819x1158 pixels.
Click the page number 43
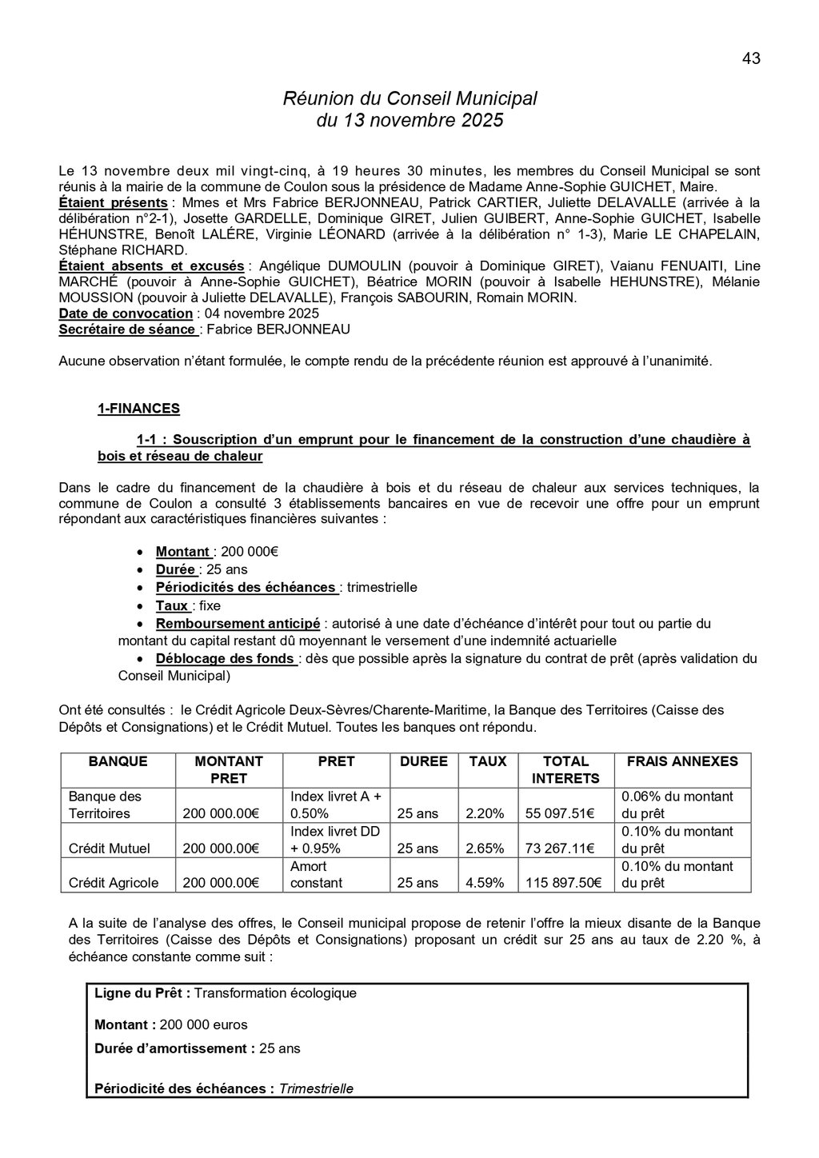tap(751, 58)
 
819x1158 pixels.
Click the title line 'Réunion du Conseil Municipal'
tap(409, 98)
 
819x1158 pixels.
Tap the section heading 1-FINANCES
tap(138, 409)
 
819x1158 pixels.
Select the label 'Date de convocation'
tap(126, 313)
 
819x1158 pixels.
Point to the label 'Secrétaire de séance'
tap(127, 329)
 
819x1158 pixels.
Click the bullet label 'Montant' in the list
tap(183, 552)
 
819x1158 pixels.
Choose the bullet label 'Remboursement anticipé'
tap(238, 624)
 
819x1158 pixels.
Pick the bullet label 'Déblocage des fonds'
tap(226, 659)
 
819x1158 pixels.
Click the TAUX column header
tap(487, 761)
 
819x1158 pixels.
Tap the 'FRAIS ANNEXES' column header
tap(682, 761)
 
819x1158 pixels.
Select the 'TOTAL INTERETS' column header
tap(565, 769)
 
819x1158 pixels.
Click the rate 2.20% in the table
tap(485, 813)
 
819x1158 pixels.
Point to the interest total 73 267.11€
tap(559, 849)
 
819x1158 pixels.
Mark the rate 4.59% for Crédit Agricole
tap(485, 884)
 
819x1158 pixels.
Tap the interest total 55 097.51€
tap(559, 813)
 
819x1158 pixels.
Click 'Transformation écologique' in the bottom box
tap(275, 993)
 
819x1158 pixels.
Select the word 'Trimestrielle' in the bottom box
tap(316, 1088)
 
